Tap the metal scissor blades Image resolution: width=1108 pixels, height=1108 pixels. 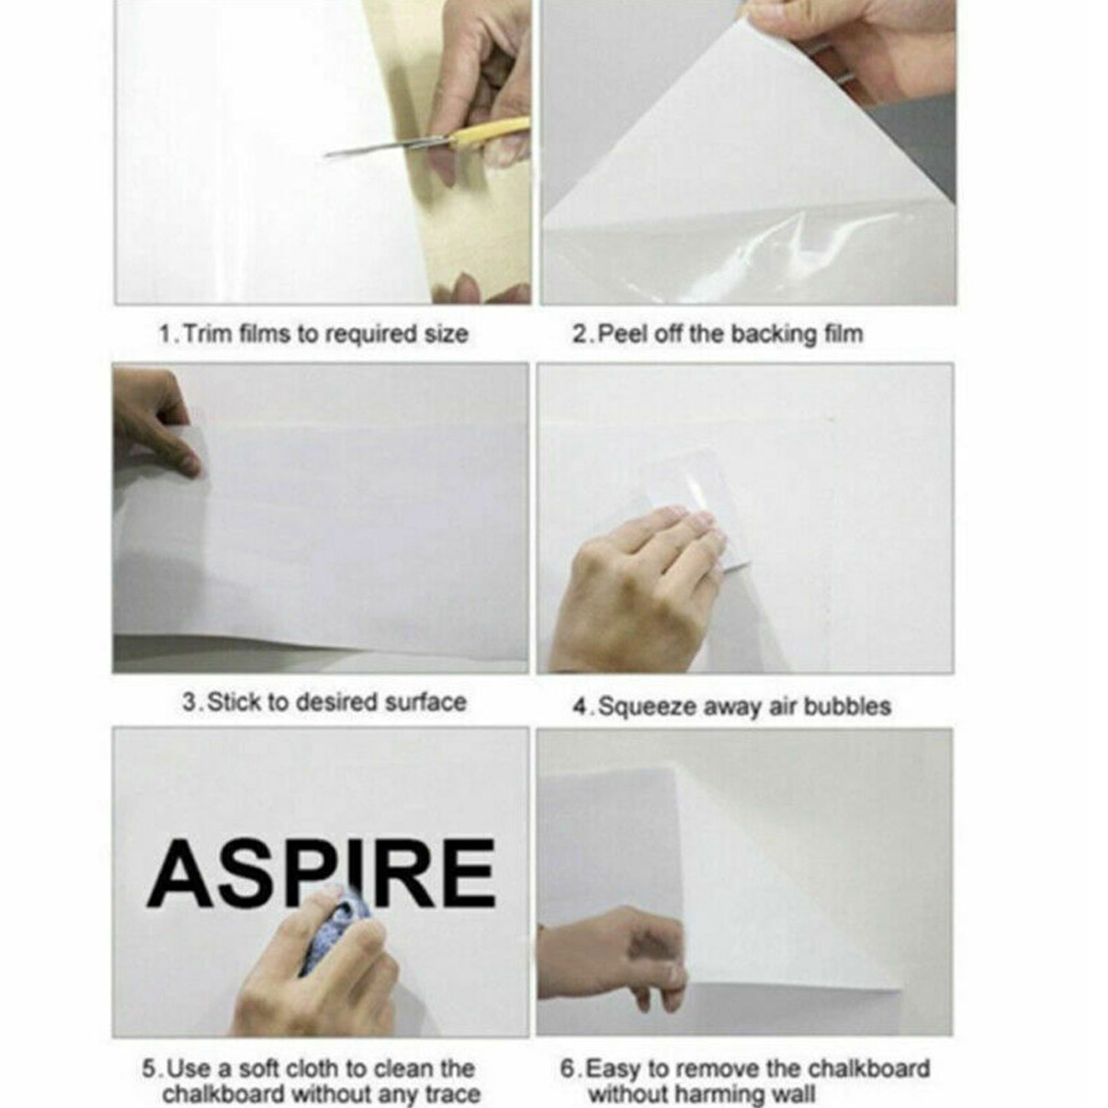click(x=374, y=147)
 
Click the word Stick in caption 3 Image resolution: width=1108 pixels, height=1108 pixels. click(x=234, y=702)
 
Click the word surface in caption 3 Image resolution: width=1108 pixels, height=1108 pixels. click(x=425, y=702)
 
